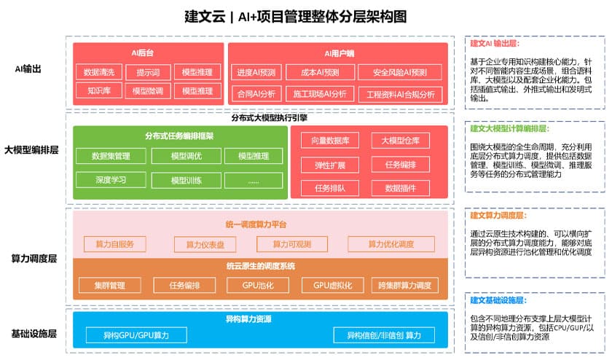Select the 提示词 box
(x=148, y=72)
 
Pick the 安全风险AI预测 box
(x=399, y=73)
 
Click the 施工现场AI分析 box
(x=320, y=94)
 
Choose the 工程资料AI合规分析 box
(x=400, y=94)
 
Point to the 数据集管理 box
(x=111, y=156)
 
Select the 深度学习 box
(x=111, y=179)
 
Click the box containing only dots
(x=254, y=179)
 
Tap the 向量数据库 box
(x=329, y=141)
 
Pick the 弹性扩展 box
(x=329, y=165)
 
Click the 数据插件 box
(x=400, y=188)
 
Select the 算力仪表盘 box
(x=205, y=244)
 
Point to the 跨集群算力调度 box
(x=405, y=285)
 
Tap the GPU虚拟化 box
(x=327, y=285)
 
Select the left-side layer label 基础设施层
(x=34, y=334)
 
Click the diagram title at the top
(x=295, y=16)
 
